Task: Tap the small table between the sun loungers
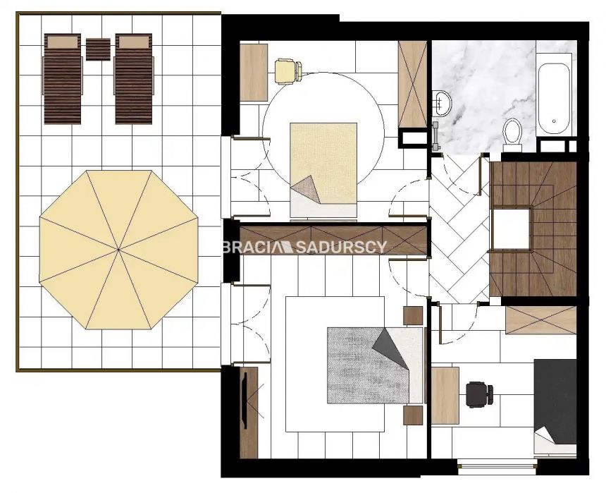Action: (98, 49)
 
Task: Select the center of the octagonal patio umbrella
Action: (118, 250)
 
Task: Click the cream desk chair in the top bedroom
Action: (287, 69)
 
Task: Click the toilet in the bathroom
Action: (512, 133)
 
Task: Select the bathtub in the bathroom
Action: (555, 97)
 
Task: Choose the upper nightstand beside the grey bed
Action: (413, 315)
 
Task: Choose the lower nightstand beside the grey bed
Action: (413, 415)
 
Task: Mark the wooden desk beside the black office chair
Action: (445, 395)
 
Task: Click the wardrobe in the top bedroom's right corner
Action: (412, 84)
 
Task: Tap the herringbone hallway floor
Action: (458, 233)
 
